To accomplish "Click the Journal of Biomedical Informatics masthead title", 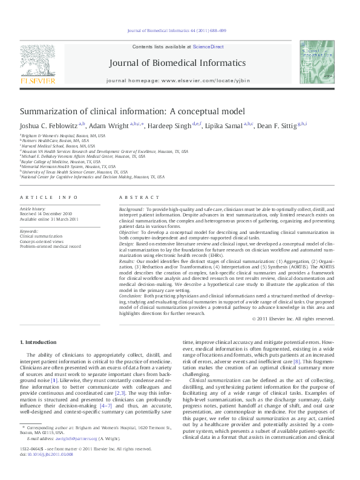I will pos(177,63).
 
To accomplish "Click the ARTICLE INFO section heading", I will pos(49,198).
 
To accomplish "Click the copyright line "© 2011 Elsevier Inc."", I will pos(293,319).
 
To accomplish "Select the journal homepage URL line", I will pos(177,80).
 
